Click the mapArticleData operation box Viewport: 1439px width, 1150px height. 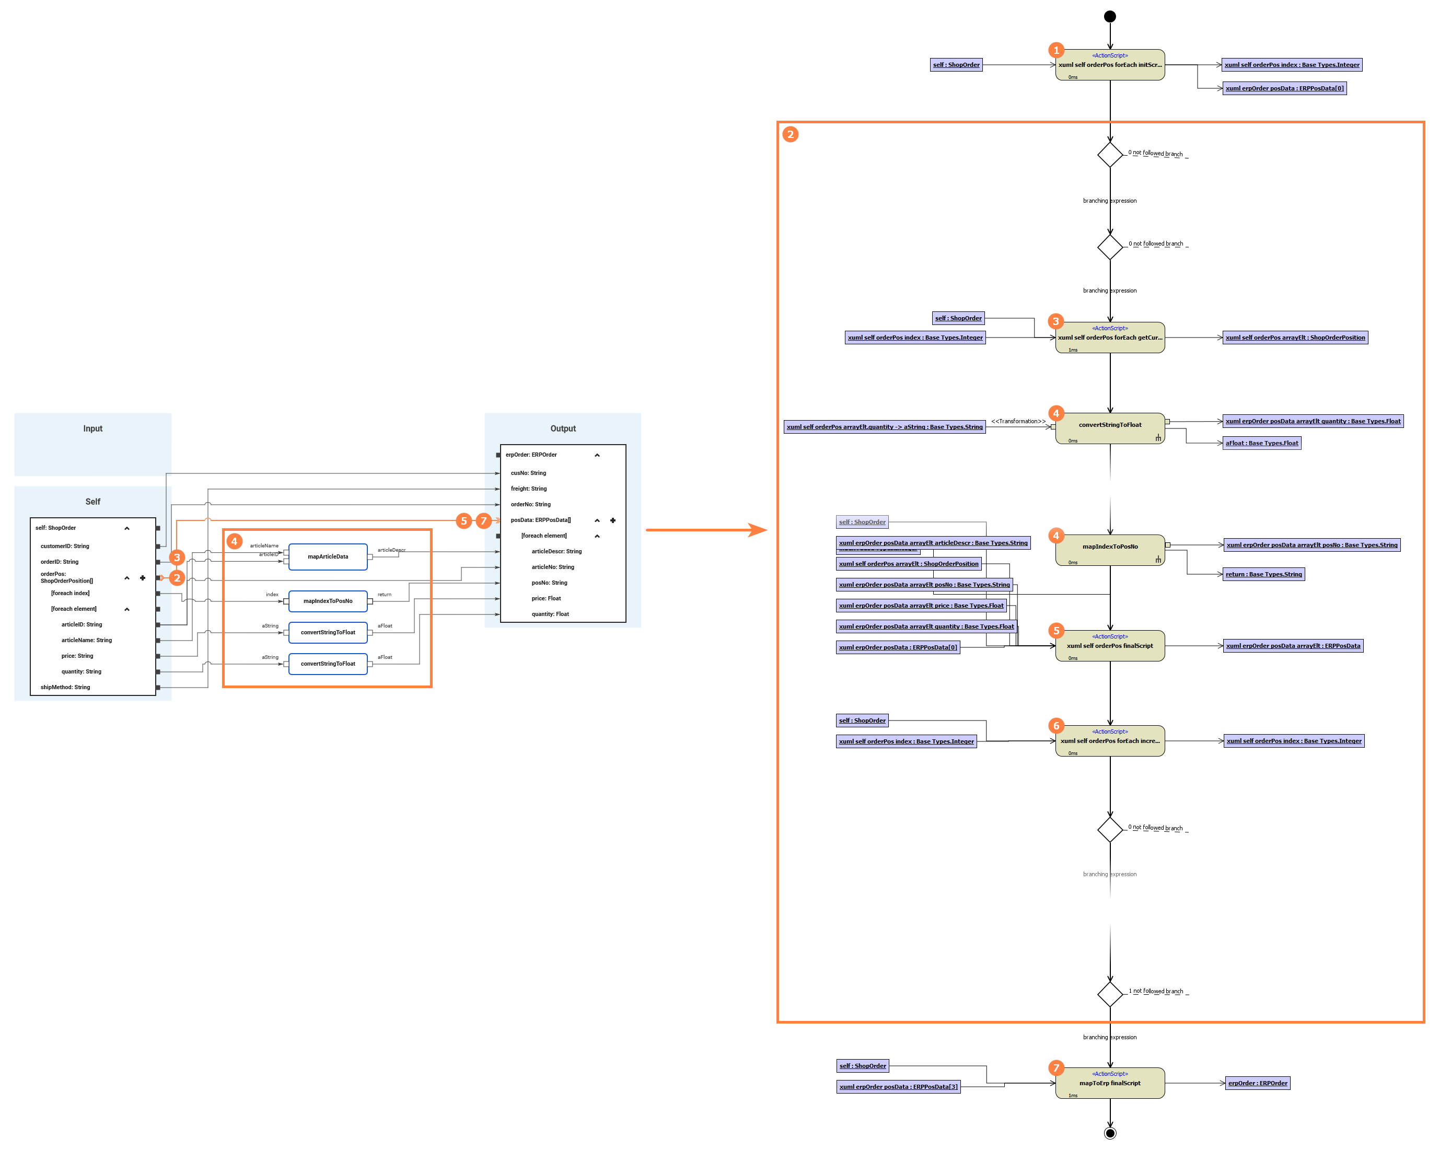pyautogui.click(x=328, y=556)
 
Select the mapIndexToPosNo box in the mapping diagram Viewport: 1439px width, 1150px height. pyautogui.click(x=328, y=601)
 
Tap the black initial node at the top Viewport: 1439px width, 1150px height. pyautogui.click(x=1110, y=17)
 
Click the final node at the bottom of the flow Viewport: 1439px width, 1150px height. pyautogui.click(x=1110, y=1133)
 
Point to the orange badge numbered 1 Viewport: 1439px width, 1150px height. pyautogui.click(x=1056, y=50)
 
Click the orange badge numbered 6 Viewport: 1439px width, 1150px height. pyautogui.click(x=1056, y=726)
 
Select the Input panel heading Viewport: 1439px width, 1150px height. pyautogui.click(x=93, y=428)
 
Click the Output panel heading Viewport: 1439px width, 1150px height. pyautogui.click(x=563, y=428)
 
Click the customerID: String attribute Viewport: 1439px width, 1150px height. pyautogui.click(x=65, y=546)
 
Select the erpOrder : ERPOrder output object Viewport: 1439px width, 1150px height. pyautogui.click(x=1258, y=1083)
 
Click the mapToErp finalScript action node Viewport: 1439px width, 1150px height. pyautogui.click(x=1110, y=1083)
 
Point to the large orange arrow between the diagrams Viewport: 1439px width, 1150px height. pyautogui.click(x=706, y=530)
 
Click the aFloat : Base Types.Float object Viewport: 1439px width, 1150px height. pyautogui.click(x=1261, y=443)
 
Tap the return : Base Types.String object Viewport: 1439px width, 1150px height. pyautogui.click(x=1263, y=575)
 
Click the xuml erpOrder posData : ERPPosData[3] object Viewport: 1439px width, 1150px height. pyautogui.click(x=898, y=1087)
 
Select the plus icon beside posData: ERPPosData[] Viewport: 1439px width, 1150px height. pyautogui.click(x=613, y=520)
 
